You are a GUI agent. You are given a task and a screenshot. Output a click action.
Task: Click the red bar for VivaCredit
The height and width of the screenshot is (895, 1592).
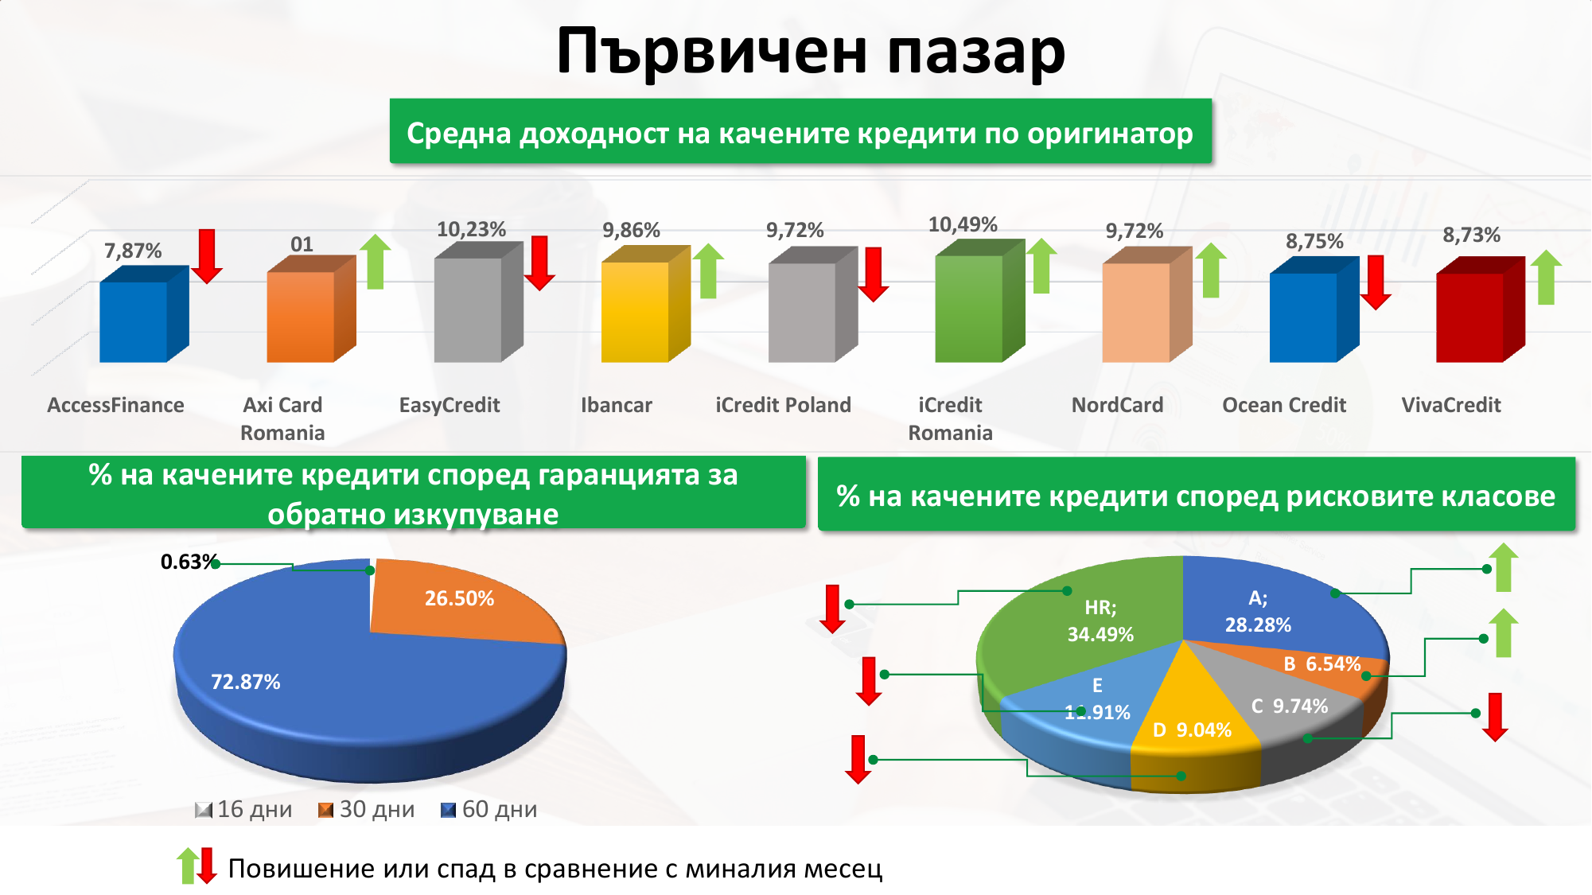coord(1480,310)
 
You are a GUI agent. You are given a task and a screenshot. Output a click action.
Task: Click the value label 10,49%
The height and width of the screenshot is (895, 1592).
coord(963,224)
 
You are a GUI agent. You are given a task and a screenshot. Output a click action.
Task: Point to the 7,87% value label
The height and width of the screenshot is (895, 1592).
coord(133,251)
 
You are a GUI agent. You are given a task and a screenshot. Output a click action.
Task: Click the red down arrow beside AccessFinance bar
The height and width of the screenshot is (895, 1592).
coord(207,256)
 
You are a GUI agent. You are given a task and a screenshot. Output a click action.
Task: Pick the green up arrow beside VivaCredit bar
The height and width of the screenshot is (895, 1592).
coord(1546,277)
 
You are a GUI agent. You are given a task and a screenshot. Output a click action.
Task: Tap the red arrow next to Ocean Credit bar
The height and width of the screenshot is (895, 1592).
coord(1376,282)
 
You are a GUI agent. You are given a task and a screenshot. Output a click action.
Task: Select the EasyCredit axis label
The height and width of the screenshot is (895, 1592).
coord(450,405)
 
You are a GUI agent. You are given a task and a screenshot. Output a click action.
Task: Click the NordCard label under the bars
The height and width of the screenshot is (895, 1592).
coord(1117,405)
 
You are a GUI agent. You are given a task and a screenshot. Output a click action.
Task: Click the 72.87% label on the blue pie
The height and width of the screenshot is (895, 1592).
coord(245,682)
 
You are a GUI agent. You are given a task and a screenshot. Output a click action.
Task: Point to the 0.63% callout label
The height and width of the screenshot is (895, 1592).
coord(189,562)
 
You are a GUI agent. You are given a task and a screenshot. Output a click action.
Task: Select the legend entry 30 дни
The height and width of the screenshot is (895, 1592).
coord(367,809)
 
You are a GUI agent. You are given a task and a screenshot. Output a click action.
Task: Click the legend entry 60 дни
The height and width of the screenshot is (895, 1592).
coord(489,809)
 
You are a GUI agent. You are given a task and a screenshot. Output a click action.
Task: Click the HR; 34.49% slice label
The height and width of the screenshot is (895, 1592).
coord(1100,621)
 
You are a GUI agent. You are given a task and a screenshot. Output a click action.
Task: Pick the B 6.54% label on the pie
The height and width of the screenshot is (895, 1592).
coord(1321,663)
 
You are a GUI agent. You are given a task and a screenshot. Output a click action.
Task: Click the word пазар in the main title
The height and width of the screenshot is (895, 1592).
coord(976,52)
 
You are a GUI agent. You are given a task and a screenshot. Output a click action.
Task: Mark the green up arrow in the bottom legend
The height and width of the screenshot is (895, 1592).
coord(188,866)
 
